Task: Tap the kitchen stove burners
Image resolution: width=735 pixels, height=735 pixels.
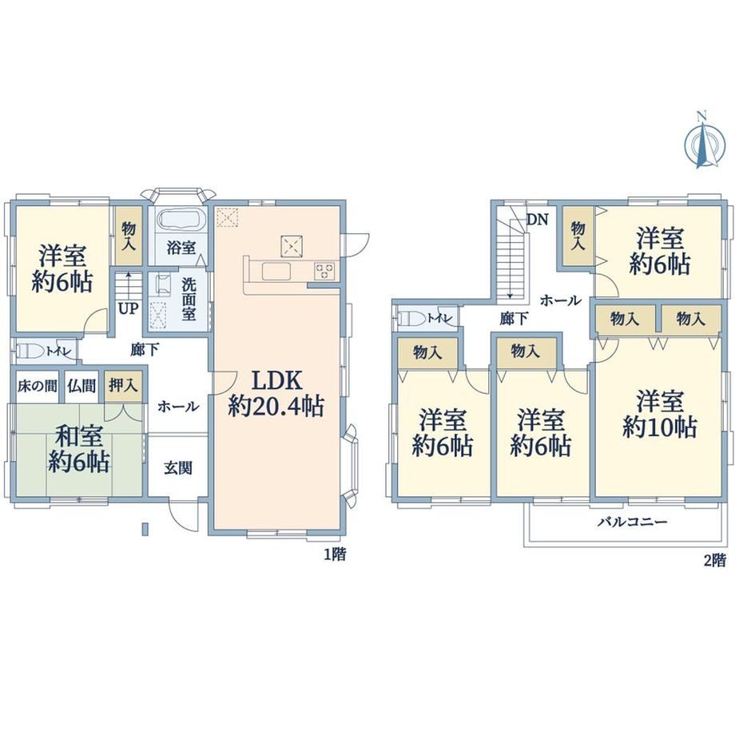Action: (x=324, y=272)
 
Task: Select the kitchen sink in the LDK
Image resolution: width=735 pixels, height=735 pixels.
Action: (x=277, y=272)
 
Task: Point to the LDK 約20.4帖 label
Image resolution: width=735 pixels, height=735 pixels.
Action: (x=276, y=394)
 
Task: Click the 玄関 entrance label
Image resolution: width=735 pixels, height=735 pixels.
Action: (x=178, y=468)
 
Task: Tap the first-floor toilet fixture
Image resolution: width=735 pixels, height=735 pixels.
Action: (x=30, y=351)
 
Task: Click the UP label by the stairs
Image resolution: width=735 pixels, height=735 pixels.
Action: (x=128, y=309)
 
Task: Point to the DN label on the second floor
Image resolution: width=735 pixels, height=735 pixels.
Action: (x=537, y=220)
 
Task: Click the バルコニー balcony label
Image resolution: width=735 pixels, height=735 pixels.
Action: (x=633, y=522)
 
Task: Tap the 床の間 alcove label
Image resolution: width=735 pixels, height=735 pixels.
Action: (x=37, y=386)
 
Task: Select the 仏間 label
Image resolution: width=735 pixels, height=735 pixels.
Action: (x=81, y=386)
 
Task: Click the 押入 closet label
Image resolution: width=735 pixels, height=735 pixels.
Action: (x=123, y=385)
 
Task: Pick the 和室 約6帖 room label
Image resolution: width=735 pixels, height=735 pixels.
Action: (x=79, y=449)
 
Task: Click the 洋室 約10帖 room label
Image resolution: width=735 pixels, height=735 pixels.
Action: (x=660, y=415)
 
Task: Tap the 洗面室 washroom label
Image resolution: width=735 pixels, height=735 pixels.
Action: (x=189, y=299)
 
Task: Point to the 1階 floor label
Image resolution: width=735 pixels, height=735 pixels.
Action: (x=336, y=554)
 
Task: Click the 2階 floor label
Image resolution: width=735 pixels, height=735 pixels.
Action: (x=715, y=560)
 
